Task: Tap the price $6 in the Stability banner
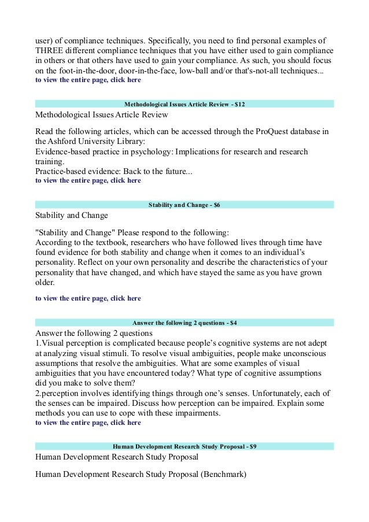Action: point(216,205)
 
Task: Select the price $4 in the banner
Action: point(233,322)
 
